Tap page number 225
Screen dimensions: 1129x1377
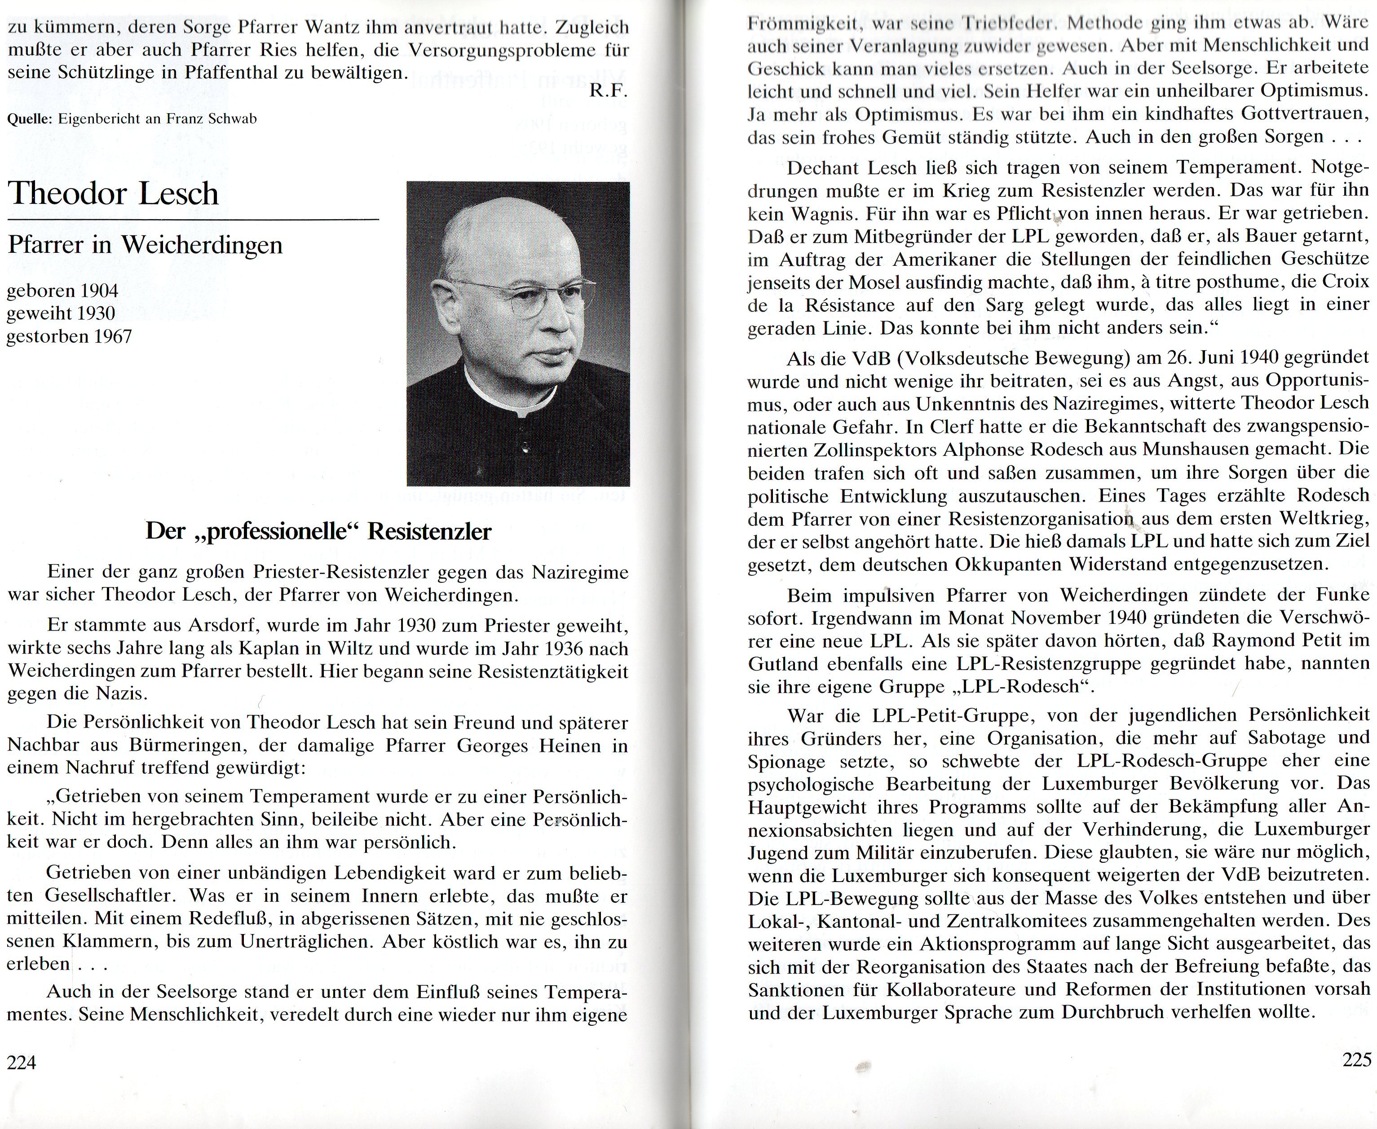tap(1357, 1060)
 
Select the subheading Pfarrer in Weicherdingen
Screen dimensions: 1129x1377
tap(145, 245)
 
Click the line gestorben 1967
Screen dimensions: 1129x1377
tap(70, 337)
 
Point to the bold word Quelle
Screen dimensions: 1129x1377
tap(29, 119)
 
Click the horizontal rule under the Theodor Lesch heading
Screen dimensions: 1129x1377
tap(193, 221)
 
